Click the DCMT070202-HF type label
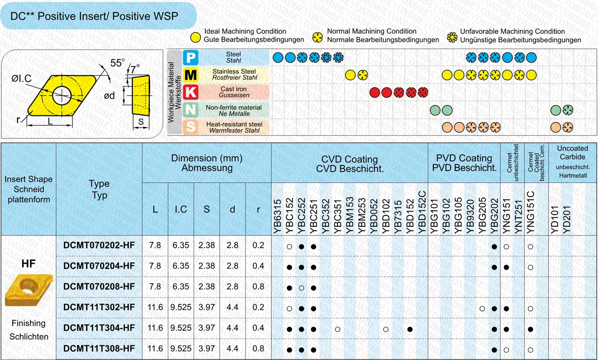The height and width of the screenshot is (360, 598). pyautogui.click(x=99, y=245)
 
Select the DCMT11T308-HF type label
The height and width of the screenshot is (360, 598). pyautogui.click(x=99, y=349)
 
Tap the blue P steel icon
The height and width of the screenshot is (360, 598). pyautogui.click(x=191, y=58)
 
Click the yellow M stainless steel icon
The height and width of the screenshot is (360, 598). pyautogui.click(x=191, y=75)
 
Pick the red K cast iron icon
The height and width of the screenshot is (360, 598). pyautogui.click(x=191, y=92)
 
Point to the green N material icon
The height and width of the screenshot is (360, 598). pyautogui.click(x=191, y=110)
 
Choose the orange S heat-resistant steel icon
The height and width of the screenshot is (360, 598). pyautogui.click(x=191, y=127)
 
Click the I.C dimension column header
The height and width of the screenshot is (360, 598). pyautogui.click(x=181, y=209)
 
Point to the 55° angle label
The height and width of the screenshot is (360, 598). pyautogui.click(x=117, y=63)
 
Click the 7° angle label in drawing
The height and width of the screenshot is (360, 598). pyautogui.click(x=135, y=69)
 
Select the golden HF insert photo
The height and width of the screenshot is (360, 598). pyautogui.click(x=29, y=290)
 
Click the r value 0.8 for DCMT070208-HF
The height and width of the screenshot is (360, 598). pyautogui.click(x=258, y=287)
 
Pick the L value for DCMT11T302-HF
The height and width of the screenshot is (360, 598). pyautogui.click(x=155, y=307)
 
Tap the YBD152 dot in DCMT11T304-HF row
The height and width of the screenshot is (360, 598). pyautogui.click(x=410, y=330)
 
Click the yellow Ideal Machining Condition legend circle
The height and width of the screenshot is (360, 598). pyautogui.click(x=195, y=37)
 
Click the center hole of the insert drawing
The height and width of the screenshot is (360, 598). pyautogui.click(x=61, y=95)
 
